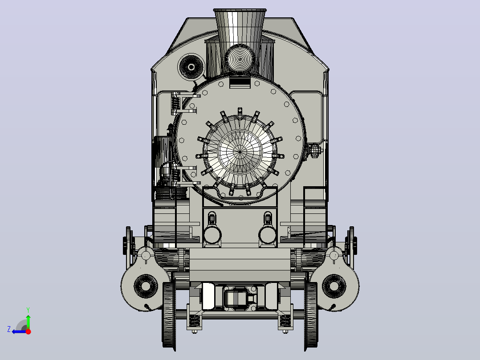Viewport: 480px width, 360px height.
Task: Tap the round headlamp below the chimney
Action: pyautogui.click(x=240, y=59)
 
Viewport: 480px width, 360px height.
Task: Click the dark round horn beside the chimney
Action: pyautogui.click(x=191, y=67)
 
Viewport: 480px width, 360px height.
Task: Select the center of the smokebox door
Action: pyautogui.click(x=240, y=151)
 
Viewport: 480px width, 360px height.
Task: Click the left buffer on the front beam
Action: pyautogui.click(x=212, y=235)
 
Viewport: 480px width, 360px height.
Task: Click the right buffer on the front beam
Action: pyautogui.click(x=267, y=235)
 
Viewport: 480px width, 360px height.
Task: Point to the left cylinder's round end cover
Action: pyautogui.click(x=146, y=286)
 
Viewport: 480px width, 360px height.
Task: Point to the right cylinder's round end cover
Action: pyautogui.click(x=334, y=286)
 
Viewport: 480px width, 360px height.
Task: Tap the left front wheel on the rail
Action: pyautogui.click(x=169, y=315)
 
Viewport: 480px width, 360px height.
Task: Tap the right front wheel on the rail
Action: pyautogui.click(x=311, y=315)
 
